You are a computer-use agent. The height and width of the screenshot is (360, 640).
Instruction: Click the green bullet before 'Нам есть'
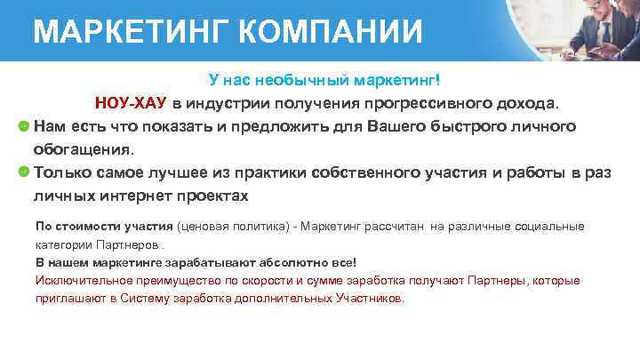coord(24,125)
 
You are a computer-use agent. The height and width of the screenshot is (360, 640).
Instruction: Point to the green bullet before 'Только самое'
coord(24,172)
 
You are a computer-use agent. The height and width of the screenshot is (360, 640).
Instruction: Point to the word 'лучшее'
coord(207,172)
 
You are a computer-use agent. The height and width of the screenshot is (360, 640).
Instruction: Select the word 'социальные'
coord(551,227)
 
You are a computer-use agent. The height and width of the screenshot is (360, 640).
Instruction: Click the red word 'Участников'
coord(371,299)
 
